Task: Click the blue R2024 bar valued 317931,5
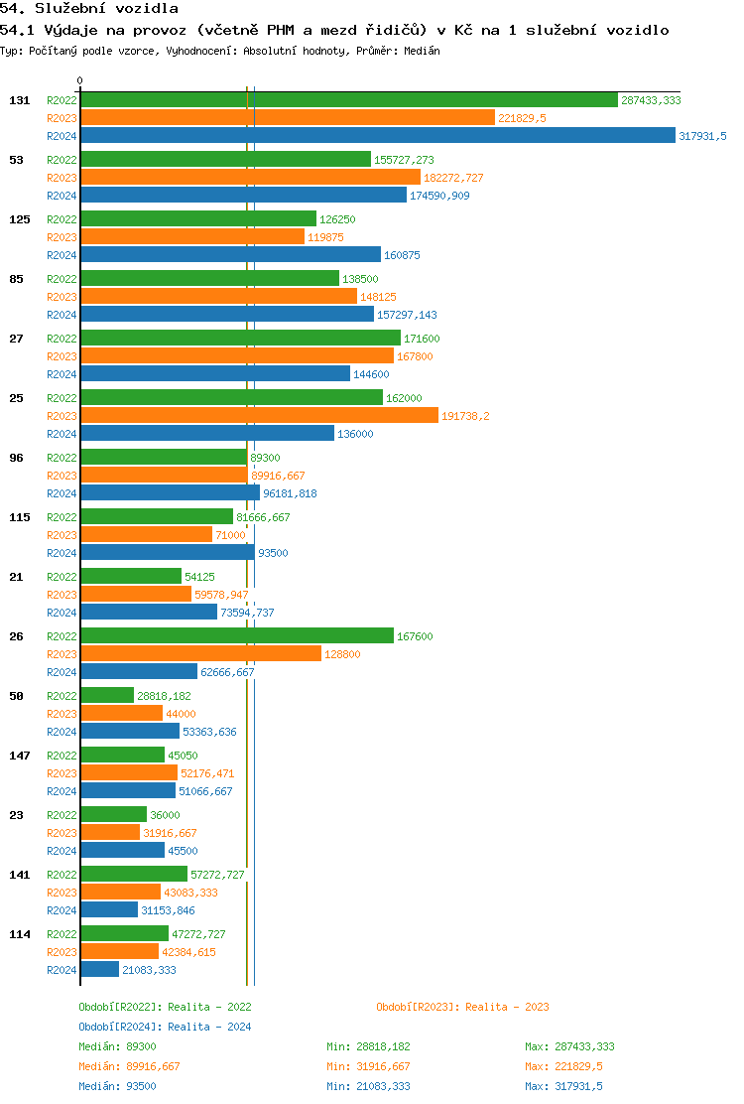(x=377, y=136)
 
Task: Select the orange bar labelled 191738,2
(x=259, y=416)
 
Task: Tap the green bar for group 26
(x=237, y=636)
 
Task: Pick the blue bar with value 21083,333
(x=100, y=970)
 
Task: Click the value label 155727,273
(x=404, y=160)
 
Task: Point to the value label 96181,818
(x=290, y=493)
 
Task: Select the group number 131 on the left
(x=20, y=100)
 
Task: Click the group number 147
(x=20, y=756)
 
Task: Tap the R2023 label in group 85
(x=62, y=297)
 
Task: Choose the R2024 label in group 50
(x=62, y=732)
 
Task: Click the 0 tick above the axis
(x=80, y=81)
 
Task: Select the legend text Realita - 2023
(x=507, y=1007)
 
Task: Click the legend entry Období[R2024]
(x=120, y=1027)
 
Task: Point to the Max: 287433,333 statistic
(x=569, y=1046)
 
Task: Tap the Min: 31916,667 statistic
(x=368, y=1066)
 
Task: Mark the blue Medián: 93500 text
(x=117, y=1086)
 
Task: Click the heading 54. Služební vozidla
(x=89, y=9)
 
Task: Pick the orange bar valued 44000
(x=122, y=714)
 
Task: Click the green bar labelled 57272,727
(x=134, y=875)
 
